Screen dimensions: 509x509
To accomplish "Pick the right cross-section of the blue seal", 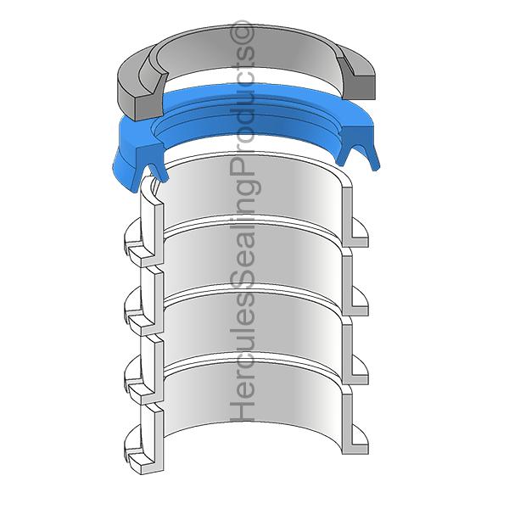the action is tap(356, 140).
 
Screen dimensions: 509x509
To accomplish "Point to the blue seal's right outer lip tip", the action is tap(377, 167).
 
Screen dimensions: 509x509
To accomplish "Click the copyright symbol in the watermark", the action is tap(242, 32).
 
